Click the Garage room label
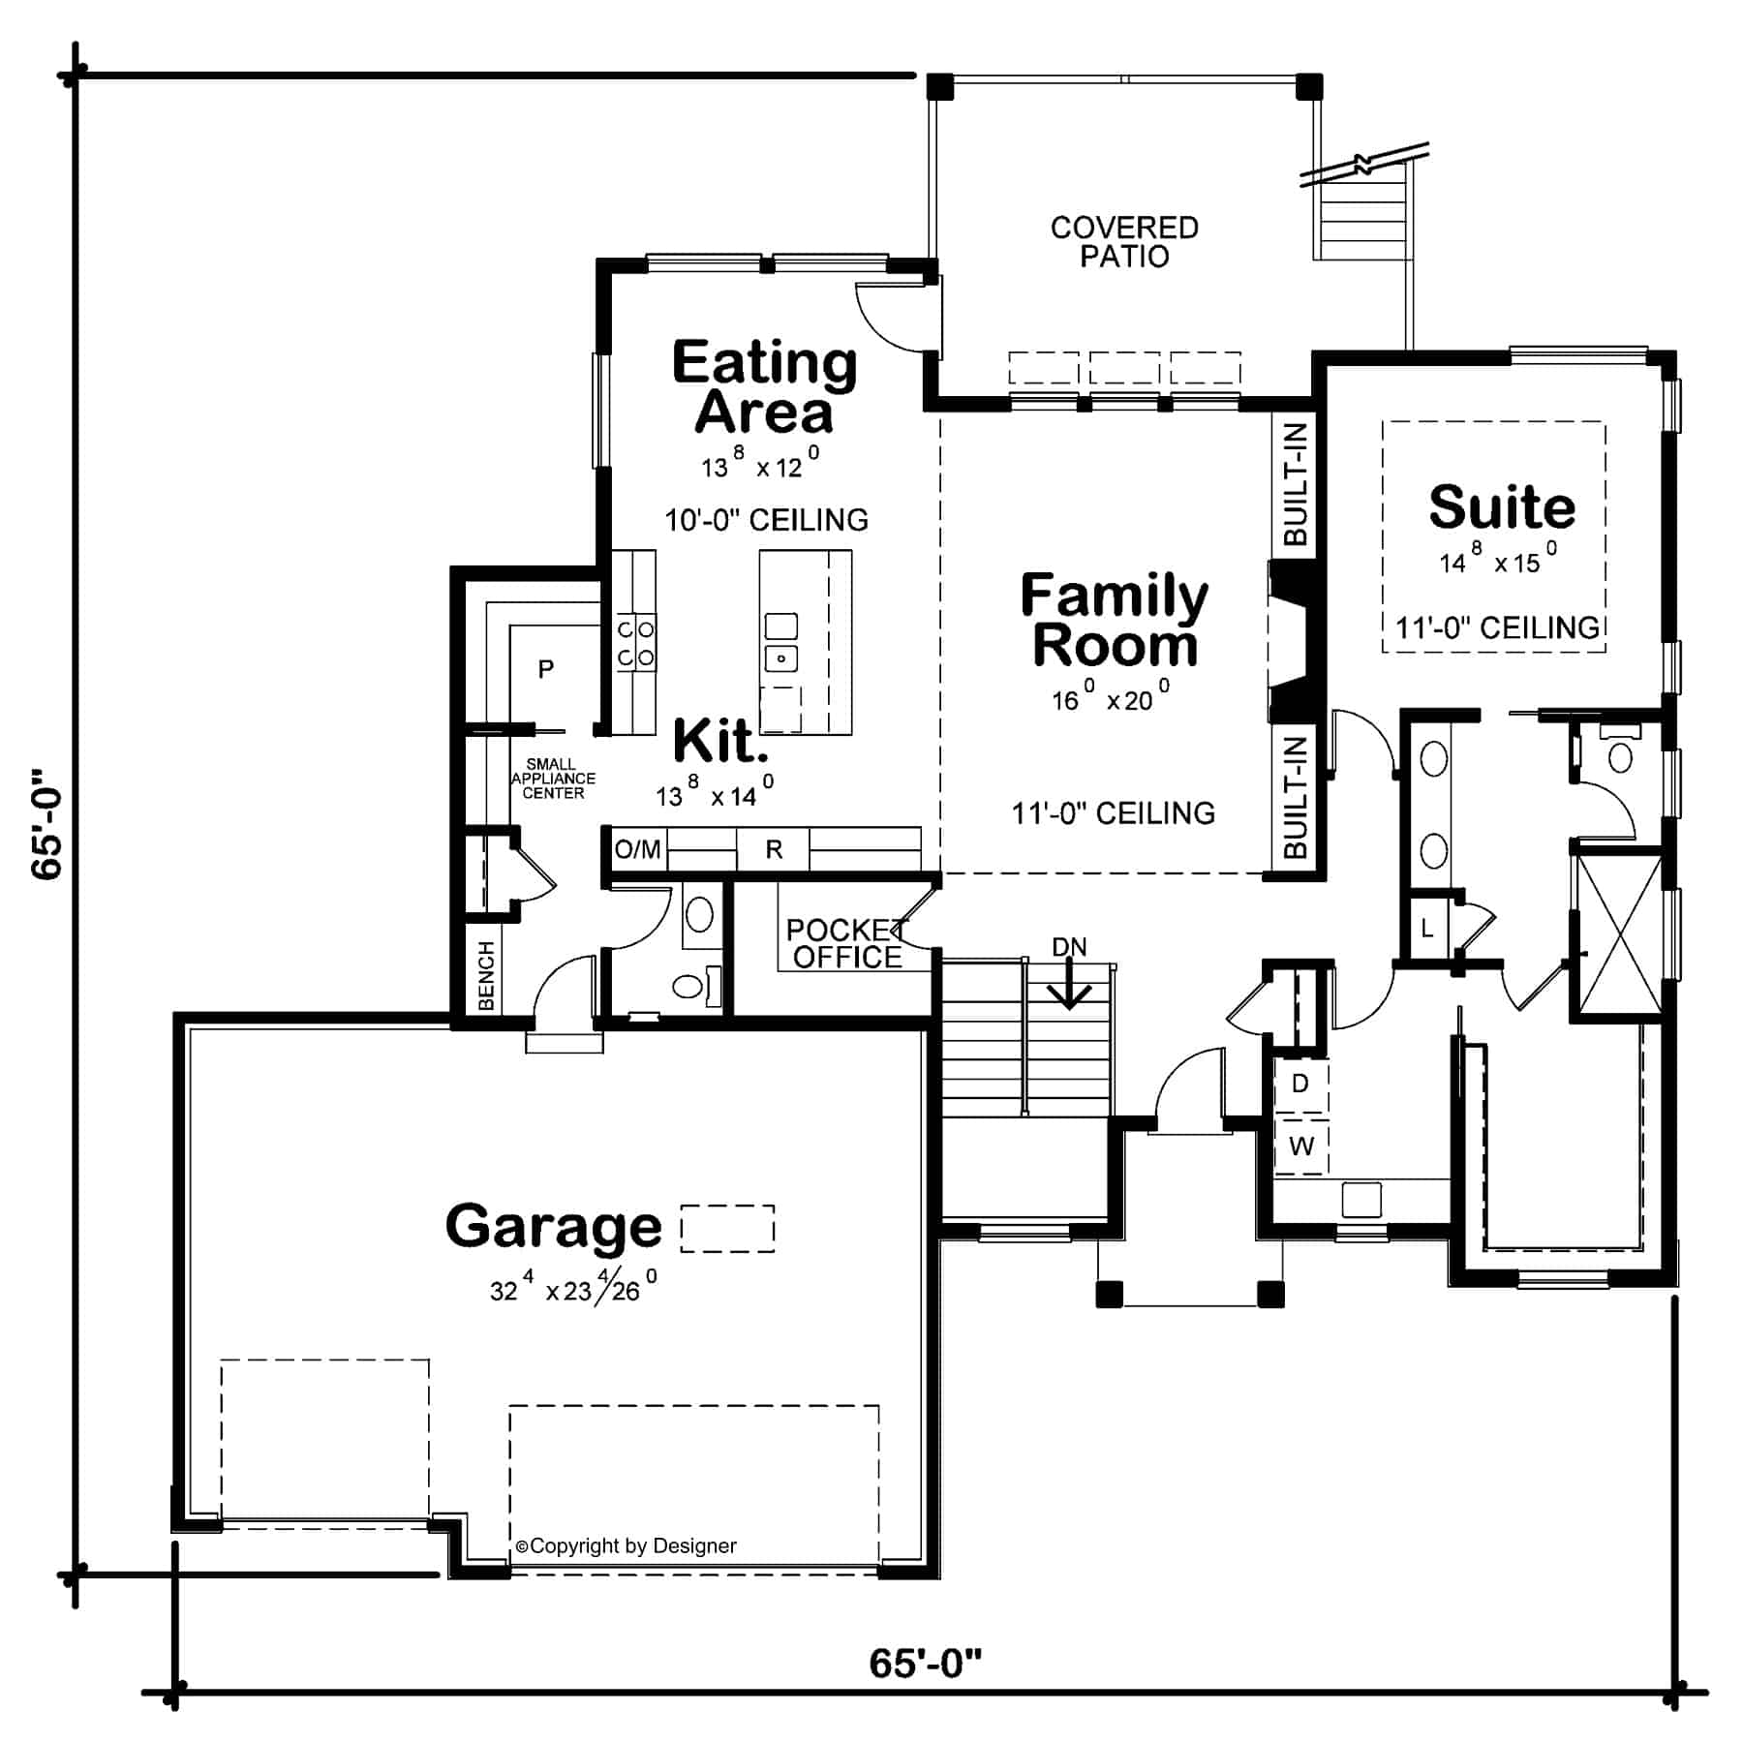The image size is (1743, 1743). [x=553, y=1227]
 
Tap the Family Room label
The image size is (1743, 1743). [x=1114, y=621]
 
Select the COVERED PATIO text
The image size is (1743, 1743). [x=1124, y=242]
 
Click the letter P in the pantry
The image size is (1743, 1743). [x=546, y=669]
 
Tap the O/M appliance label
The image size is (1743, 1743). [x=637, y=850]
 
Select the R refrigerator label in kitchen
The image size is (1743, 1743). [x=774, y=850]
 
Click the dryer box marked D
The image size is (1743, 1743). [x=1300, y=1084]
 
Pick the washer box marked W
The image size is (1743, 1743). [x=1301, y=1147]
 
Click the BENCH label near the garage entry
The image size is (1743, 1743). [x=486, y=975]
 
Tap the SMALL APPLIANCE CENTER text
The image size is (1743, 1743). [x=553, y=779]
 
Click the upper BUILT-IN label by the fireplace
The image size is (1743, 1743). [x=1295, y=484]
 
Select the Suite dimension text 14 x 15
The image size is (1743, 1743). [x=1497, y=560]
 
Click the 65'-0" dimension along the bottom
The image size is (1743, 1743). [x=925, y=1663]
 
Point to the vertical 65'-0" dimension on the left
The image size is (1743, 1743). [x=46, y=824]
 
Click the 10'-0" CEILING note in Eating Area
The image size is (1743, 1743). [x=766, y=521]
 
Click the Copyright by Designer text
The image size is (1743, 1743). [x=627, y=1546]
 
